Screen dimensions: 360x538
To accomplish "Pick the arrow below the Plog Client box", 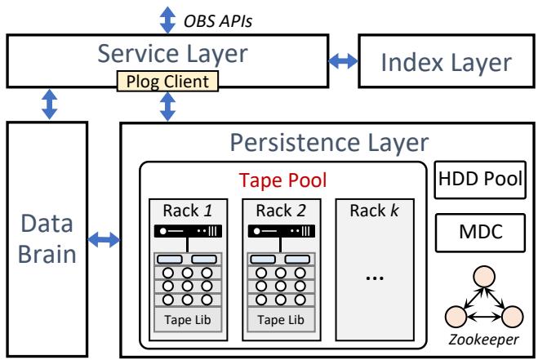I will coord(168,106).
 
